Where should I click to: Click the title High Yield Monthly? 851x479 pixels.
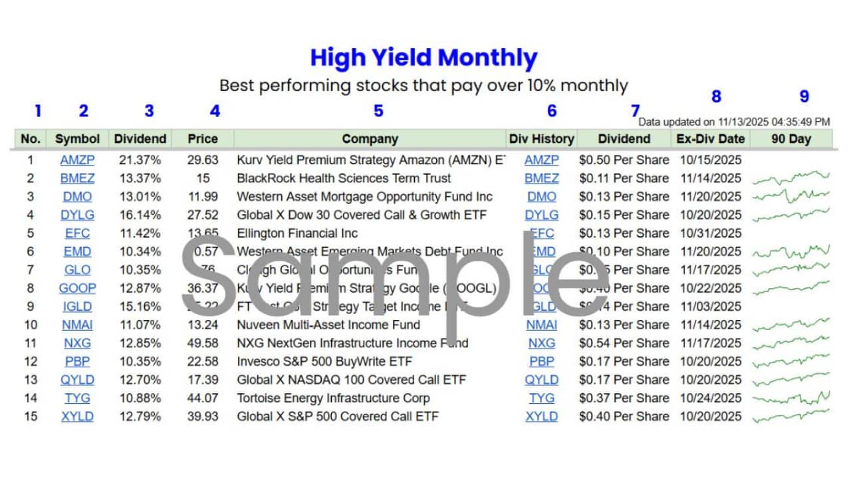click(x=424, y=58)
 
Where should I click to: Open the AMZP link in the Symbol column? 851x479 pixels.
click(x=77, y=160)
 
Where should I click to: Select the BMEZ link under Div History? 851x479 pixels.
click(x=542, y=178)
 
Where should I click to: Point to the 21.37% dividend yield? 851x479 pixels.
click(x=140, y=160)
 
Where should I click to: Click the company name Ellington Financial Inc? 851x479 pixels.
click(x=297, y=234)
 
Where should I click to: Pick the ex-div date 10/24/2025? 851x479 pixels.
click(x=710, y=399)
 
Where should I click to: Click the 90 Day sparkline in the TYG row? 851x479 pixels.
click(x=791, y=399)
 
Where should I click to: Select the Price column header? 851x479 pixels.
click(x=203, y=139)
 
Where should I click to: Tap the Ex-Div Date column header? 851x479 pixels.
click(x=710, y=139)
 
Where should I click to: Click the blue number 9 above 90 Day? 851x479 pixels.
click(x=804, y=96)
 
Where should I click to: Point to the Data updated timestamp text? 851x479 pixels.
click(x=734, y=122)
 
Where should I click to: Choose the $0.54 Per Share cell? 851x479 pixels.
click(x=624, y=343)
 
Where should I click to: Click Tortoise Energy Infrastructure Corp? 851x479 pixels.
click(x=333, y=399)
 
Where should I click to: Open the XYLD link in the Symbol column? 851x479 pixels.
click(x=77, y=416)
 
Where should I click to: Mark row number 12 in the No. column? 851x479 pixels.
click(x=30, y=362)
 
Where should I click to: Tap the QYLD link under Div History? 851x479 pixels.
click(x=542, y=380)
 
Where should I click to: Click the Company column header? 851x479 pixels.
click(x=370, y=139)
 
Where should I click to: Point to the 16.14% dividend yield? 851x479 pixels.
click(x=140, y=215)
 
